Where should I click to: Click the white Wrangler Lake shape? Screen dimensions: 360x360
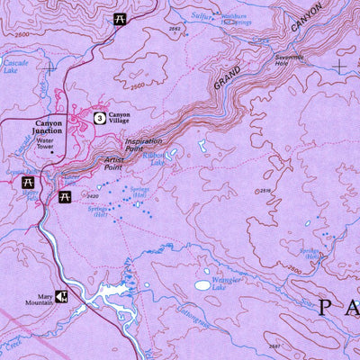(x=203, y=285)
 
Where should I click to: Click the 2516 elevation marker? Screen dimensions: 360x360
(x=263, y=191)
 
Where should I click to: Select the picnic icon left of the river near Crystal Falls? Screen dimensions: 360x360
(x=28, y=182)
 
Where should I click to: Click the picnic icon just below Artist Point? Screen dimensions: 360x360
(x=64, y=196)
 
